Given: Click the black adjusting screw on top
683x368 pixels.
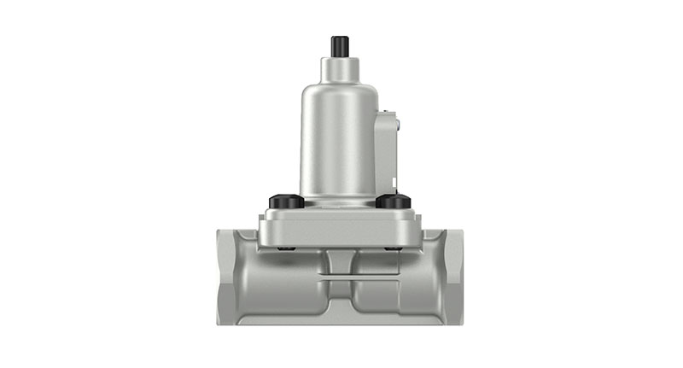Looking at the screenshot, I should click(339, 45).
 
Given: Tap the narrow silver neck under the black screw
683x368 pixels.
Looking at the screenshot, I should click(339, 67).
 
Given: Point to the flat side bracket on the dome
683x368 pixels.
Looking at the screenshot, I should click(386, 149).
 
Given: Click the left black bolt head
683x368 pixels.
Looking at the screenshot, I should click(287, 202).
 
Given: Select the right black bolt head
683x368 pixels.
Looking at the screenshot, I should click(394, 202).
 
